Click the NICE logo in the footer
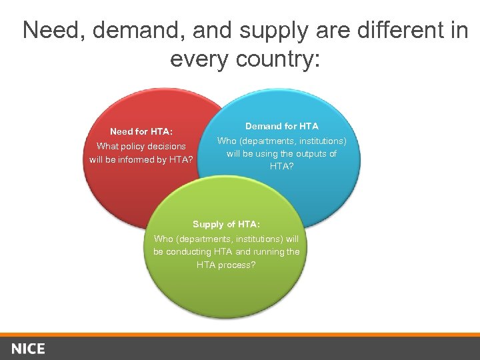28,349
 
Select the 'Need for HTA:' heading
141,132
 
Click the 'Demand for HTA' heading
282,126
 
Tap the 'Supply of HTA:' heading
227,225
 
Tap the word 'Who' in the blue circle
227,141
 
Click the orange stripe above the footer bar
240,334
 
